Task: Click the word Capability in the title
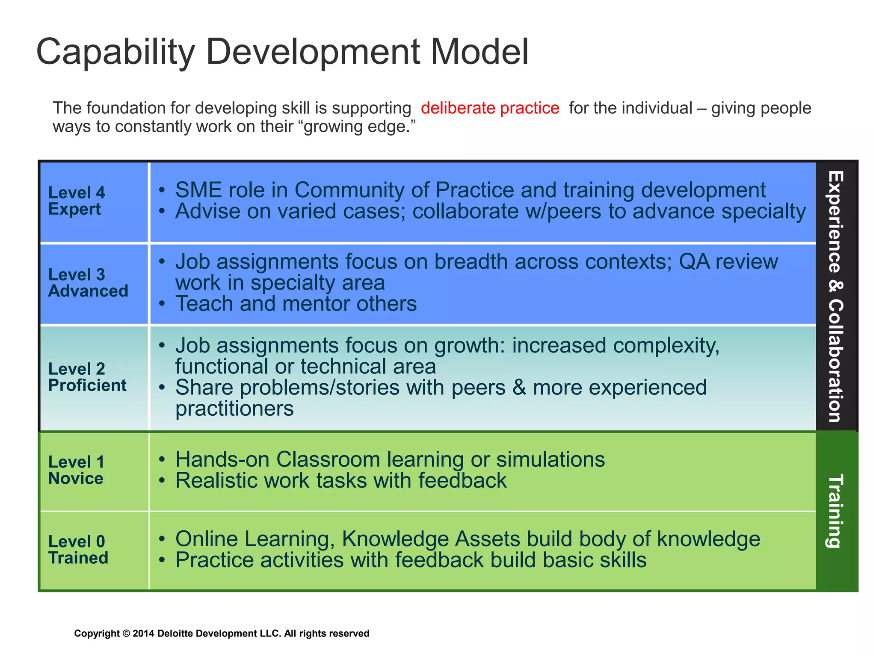click(x=115, y=52)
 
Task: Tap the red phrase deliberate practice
click(x=490, y=108)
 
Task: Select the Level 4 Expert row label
click(x=76, y=201)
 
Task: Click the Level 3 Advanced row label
click(x=88, y=283)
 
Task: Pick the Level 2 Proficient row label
click(x=87, y=377)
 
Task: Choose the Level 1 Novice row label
click(x=76, y=470)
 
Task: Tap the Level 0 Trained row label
click(x=78, y=550)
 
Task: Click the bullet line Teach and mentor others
click(x=296, y=304)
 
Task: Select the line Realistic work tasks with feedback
click(x=340, y=480)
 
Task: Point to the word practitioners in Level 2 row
click(x=234, y=408)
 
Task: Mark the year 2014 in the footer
click(x=143, y=633)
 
